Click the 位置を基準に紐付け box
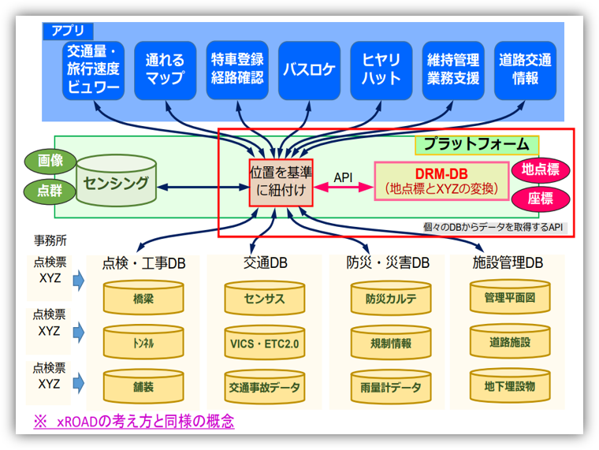click(276, 183)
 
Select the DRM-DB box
click(441, 181)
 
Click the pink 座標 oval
click(541, 199)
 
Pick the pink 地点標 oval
click(541, 169)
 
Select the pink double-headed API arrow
click(343, 188)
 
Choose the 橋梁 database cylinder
click(143, 300)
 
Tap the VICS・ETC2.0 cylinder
click(265, 344)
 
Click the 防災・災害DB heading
click(388, 263)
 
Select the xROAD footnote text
click(133, 422)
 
